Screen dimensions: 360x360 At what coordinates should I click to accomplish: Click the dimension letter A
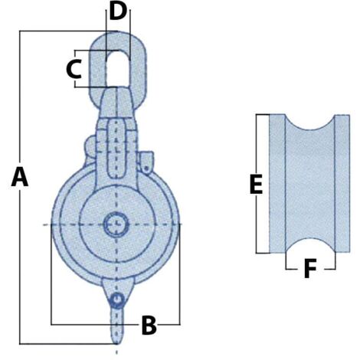tap(20, 178)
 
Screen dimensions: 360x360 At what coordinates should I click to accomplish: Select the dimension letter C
tap(74, 69)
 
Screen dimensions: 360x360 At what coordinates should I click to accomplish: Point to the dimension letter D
tap(116, 11)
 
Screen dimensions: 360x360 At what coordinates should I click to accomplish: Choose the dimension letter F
tap(309, 269)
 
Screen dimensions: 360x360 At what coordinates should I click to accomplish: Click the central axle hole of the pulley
tap(116, 224)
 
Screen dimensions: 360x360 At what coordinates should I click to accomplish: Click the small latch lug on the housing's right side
tap(146, 160)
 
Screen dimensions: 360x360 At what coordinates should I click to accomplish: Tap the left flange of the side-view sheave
tap(277, 184)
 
